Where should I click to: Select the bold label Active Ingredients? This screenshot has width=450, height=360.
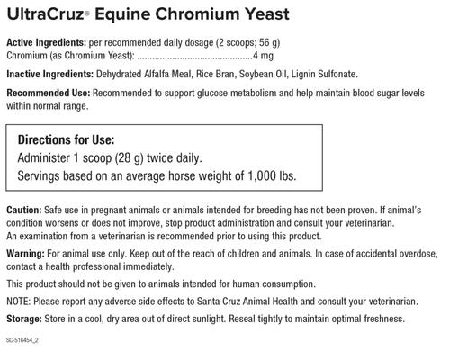(44, 43)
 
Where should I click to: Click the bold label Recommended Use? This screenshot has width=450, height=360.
(45, 94)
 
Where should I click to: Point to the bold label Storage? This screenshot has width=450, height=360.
(25, 319)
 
